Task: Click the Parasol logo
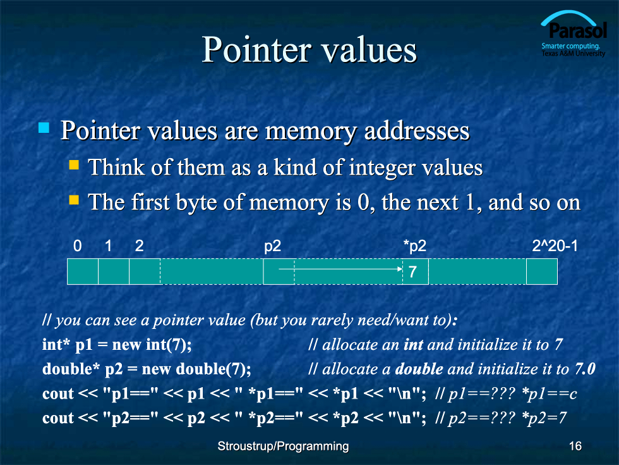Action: tap(574, 33)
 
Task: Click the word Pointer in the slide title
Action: tap(256, 50)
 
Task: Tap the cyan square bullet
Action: tap(44, 128)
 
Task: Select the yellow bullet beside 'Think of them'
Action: tap(74, 164)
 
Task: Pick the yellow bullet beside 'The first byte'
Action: tap(74, 199)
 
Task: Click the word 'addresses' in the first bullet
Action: tap(417, 131)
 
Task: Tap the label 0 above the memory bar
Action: tap(77, 246)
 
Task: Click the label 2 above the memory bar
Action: tap(139, 246)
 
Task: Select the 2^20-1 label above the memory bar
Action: tap(555, 246)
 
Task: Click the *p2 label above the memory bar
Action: tap(415, 247)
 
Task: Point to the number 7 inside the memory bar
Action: tap(412, 271)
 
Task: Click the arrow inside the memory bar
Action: tap(340, 269)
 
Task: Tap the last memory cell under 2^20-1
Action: tap(542, 271)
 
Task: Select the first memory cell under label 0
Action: tap(83, 271)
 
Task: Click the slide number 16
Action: tap(575, 446)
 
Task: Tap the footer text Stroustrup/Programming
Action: tap(283, 447)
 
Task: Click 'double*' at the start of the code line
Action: tap(71, 369)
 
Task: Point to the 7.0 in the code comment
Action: tap(585, 369)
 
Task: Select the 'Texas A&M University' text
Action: tap(574, 53)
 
